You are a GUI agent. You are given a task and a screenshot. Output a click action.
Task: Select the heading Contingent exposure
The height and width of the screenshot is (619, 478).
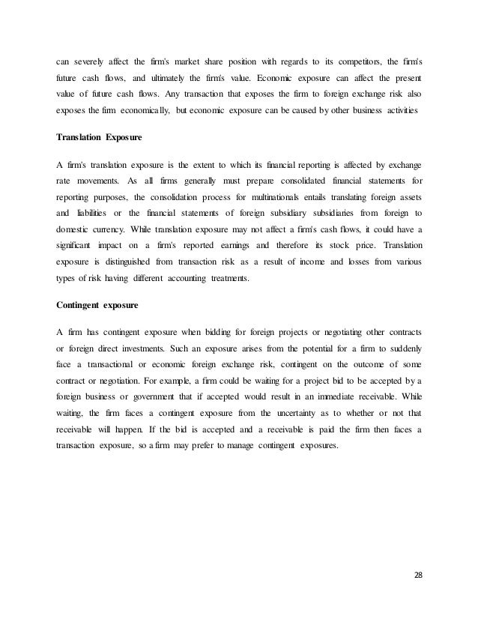tap(94, 306)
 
